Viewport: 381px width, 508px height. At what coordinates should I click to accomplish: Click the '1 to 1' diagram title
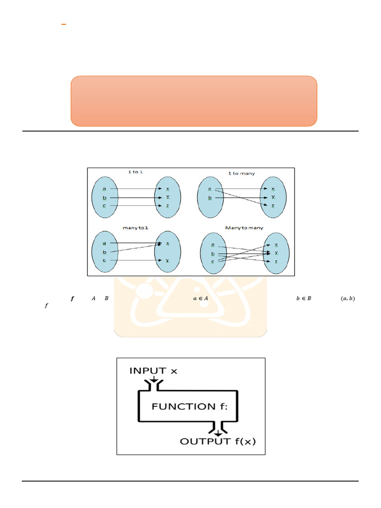[x=133, y=172]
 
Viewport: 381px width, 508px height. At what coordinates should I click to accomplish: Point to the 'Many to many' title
[x=244, y=228]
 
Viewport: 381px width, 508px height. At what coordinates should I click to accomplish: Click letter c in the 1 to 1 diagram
[x=104, y=205]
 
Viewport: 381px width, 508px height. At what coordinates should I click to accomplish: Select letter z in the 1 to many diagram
[x=273, y=205]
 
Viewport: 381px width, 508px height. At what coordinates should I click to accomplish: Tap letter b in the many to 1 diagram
[x=104, y=252]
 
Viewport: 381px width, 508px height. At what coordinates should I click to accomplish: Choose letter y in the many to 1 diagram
[x=167, y=260]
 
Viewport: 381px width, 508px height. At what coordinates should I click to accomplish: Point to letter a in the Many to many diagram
[x=213, y=245]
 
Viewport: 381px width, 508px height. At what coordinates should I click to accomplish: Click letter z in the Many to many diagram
[x=276, y=261]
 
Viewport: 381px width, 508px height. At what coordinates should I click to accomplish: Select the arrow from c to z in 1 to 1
[x=136, y=205]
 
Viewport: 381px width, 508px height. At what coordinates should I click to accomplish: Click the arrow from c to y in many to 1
[x=136, y=260]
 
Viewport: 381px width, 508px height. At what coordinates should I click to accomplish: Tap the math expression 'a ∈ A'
[x=200, y=299]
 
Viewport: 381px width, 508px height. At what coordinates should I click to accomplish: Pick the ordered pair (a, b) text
[x=348, y=299]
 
